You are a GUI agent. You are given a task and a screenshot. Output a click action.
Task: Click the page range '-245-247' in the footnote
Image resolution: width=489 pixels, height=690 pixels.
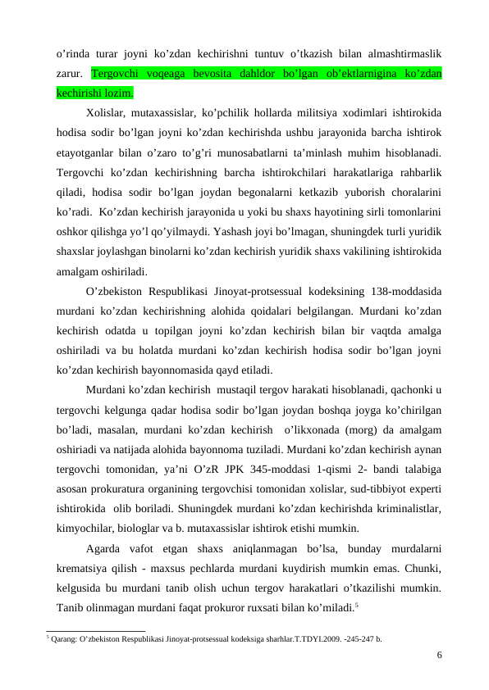point(350,637)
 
